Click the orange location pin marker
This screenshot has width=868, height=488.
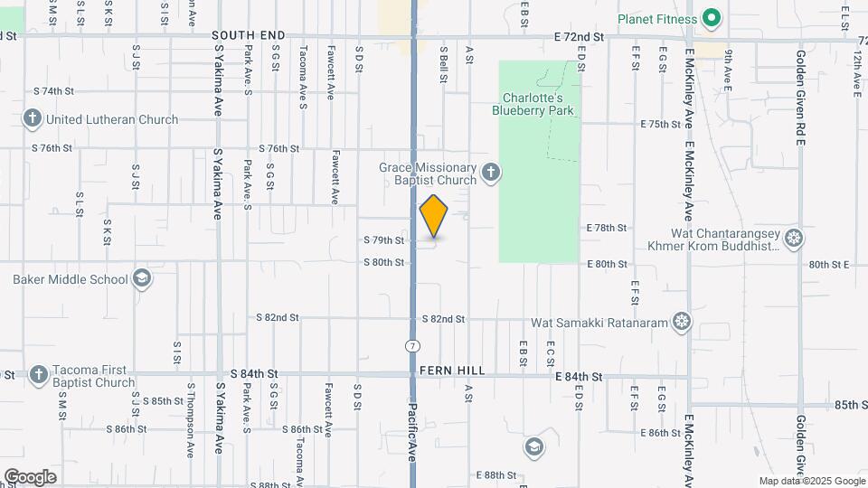pos(434,216)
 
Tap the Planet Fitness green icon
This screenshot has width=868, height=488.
pos(711,18)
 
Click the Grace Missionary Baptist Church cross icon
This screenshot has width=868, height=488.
pos(491,173)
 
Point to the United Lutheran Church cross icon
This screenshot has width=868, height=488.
pos(33,118)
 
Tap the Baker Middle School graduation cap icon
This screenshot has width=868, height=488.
pos(141,278)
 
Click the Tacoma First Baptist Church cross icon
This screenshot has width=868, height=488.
pos(38,374)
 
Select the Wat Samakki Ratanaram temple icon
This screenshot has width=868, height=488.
pos(682,322)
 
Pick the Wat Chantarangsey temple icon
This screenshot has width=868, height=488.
pos(794,238)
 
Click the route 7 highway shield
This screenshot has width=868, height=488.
pos(412,346)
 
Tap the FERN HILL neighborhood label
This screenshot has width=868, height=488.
pos(452,371)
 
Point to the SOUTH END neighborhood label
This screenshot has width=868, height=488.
pos(249,35)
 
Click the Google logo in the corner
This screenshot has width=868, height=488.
pos(30,477)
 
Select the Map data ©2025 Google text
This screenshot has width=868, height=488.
pos(811,481)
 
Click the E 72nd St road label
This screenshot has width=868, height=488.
pos(579,37)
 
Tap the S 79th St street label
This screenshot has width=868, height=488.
pos(383,240)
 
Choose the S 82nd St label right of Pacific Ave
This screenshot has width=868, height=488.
pos(443,319)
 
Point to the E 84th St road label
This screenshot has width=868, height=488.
pos(579,376)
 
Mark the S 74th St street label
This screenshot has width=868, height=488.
pos(53,91)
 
